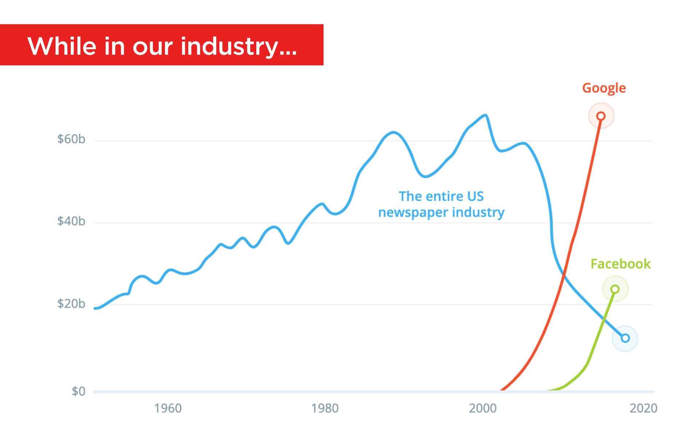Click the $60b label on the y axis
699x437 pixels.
[71, 139]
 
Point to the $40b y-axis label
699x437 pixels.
[71, 221]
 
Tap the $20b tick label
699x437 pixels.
[71, 303]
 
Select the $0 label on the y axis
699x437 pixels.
[78, 391]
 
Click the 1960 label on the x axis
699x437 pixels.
[168, 408]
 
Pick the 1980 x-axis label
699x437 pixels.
[325, 408]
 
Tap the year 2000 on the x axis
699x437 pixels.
[482, 408]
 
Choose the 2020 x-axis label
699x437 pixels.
[643, 408]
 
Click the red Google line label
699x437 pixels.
[604, 88]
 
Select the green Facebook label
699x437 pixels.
[620, 264]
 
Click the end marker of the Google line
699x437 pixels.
[601, 116]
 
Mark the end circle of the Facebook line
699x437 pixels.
[615, 289]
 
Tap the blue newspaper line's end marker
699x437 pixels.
[625, 338]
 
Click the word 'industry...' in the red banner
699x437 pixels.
[238, 46]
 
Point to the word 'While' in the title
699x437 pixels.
[62, 46]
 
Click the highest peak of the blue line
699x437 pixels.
[485, 115]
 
